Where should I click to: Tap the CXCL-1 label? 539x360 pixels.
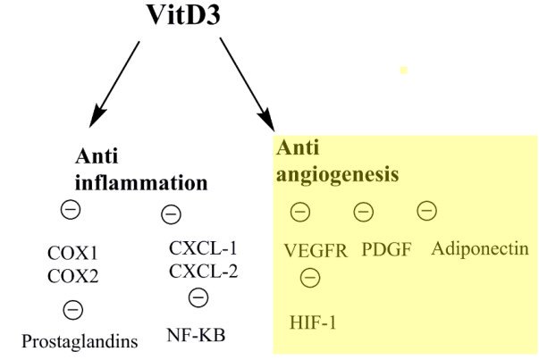203,247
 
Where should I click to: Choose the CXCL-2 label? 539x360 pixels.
203,269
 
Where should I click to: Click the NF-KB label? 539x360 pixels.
197,336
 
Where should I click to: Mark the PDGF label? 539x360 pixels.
386,249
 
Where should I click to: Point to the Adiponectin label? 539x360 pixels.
479,248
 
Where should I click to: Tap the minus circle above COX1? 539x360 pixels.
69,211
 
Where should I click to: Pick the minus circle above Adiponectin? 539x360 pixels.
426,211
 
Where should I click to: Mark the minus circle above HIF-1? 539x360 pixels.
309,278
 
